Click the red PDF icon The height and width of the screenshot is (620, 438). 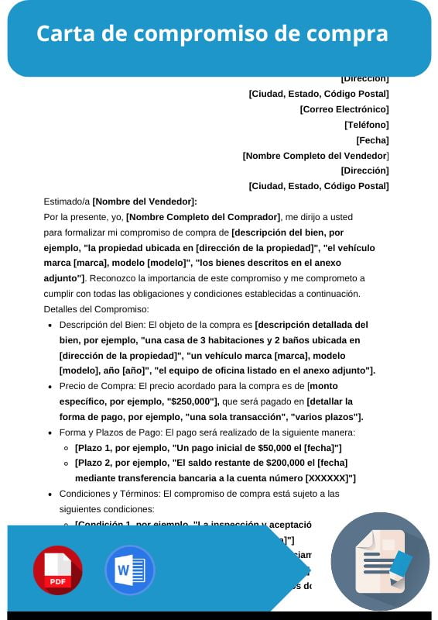(x=57, y=570)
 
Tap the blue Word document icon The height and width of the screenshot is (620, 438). (x=129, y=570)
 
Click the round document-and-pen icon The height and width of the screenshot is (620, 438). (x=380, y=562)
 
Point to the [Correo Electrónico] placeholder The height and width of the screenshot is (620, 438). (x=344, y=109)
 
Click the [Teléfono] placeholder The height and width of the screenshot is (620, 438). (x=367, y=124)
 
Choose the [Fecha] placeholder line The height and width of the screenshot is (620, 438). (x=372, y=139)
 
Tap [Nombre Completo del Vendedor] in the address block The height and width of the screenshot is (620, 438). (x=316, y=155)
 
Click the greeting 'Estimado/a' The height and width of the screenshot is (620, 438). (x=67, y=201)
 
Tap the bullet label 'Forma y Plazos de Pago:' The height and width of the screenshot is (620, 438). (x=110, y=432)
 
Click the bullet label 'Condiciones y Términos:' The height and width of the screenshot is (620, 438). (x=110, y=493)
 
